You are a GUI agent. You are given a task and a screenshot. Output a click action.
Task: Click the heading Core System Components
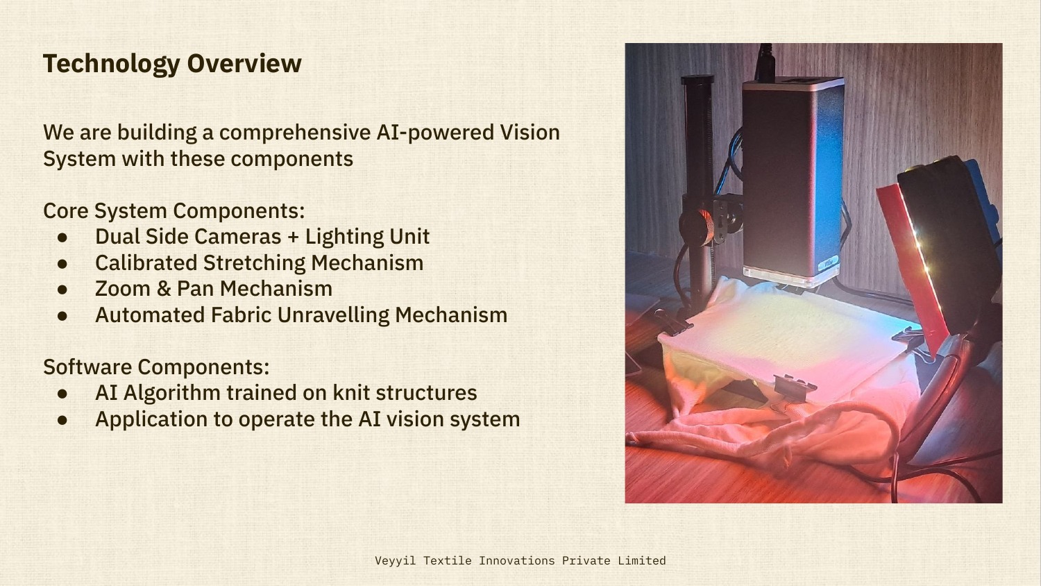pos(173,210)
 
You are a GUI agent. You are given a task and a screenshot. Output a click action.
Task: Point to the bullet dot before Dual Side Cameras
pos(62,237)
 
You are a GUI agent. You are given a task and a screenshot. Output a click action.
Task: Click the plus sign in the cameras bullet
pos(293,237)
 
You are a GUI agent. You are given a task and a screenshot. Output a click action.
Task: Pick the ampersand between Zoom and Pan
pos(164,289)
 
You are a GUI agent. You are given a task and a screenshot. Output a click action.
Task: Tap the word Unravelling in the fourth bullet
pos(335,315)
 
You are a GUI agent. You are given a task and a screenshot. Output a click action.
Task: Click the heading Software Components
pos(156,367)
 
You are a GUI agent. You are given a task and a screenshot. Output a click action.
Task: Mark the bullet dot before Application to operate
pos(62,420)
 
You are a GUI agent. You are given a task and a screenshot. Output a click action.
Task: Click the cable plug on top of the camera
pos(766,62)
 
